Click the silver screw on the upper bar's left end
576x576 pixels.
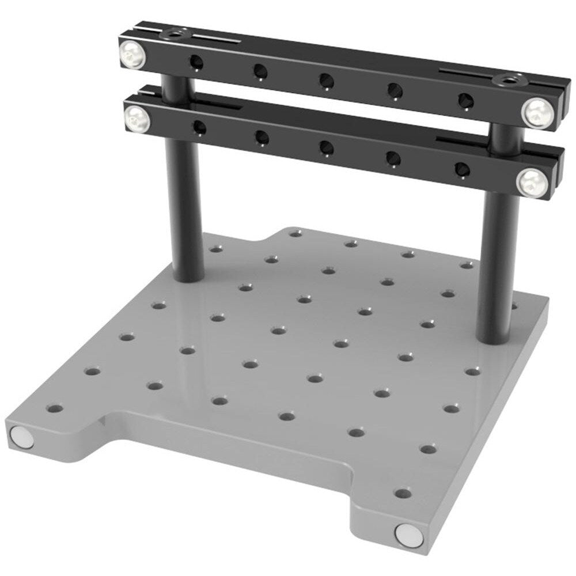[x=131, y=55]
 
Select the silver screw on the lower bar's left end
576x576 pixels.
[x=137, y=119]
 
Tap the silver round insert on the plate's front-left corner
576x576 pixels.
[x=22, y=437]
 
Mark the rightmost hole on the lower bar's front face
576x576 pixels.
[x=462, y=168]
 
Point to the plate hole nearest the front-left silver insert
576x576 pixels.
[x=55, y=410]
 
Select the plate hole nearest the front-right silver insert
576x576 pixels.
[x=403, y=494]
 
